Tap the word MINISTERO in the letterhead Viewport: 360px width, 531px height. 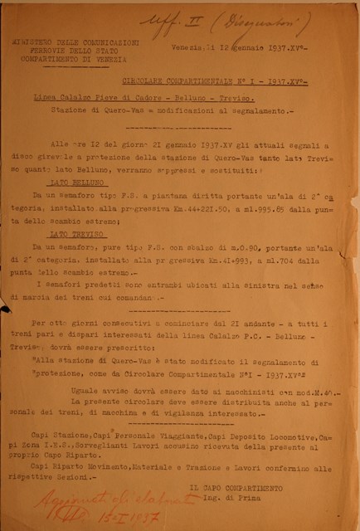pyautogui.click(x=51, y=40)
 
